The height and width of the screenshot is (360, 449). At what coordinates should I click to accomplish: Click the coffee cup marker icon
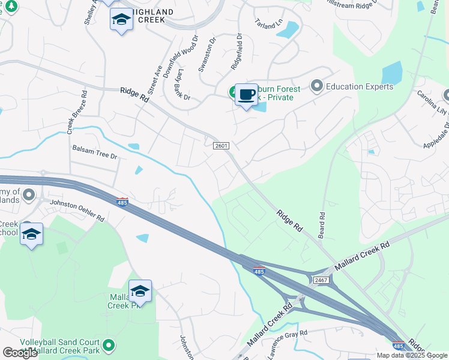click(x=246, y=95)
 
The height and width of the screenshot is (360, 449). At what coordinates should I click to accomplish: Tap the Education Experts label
click(x=359, y=86)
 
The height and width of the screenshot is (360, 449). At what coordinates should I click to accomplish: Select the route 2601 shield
click(x=221, y=146)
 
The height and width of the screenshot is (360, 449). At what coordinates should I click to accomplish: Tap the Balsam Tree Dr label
click(x=94, y=151)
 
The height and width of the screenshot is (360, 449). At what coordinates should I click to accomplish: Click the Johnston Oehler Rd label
click(x=76, y=211)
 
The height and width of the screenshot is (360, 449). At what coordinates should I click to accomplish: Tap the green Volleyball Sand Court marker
click(x=109, y=345)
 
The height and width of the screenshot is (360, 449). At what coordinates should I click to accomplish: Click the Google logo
click(x=20, y=353)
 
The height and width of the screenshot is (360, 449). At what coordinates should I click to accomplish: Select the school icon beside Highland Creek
click(x=121, y=20)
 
